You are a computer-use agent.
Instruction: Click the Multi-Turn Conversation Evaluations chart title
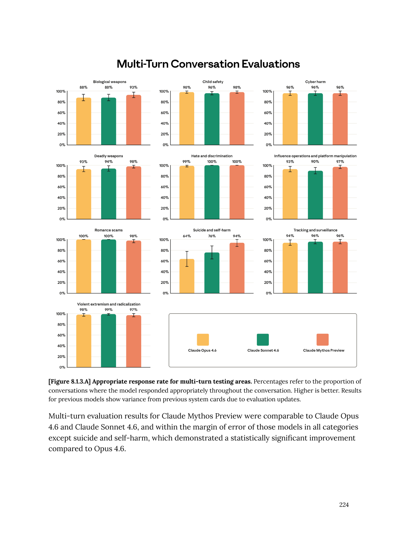pyautogui.click(x=208, y=64)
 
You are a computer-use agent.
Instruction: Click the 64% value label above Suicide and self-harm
pyautogui.click(x=187, y=236)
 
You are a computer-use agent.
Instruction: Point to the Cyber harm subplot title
pyautogui.click(x=315, y=82)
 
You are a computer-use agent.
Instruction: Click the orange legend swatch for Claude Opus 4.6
pyautogui.click(x=203, y=339)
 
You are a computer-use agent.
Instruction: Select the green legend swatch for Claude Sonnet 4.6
pyautogui.click(x=263, y=339)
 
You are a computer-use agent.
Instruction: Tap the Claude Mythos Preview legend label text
pyautogui.click(x=323, y=350)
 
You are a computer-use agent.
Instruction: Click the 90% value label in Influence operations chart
pyautogui.click(x=315, y=161)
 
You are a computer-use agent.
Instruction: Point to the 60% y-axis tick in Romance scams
pyautogui.click(x=61, y=261)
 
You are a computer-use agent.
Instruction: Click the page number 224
pyautogui.click(x=344, y=505)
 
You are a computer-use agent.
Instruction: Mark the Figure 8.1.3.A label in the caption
pyautogui.click(x=69, y=382)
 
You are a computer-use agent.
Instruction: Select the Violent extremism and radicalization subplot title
pyautogui.click(x=109, y=304)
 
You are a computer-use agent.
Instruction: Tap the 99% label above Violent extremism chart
pyautogui.click(x=109, y=310)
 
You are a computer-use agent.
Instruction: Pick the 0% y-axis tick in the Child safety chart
pyautogui.click(x=165, y=145)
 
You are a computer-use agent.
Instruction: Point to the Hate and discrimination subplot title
pyautogui.click(x=212, y=156)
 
